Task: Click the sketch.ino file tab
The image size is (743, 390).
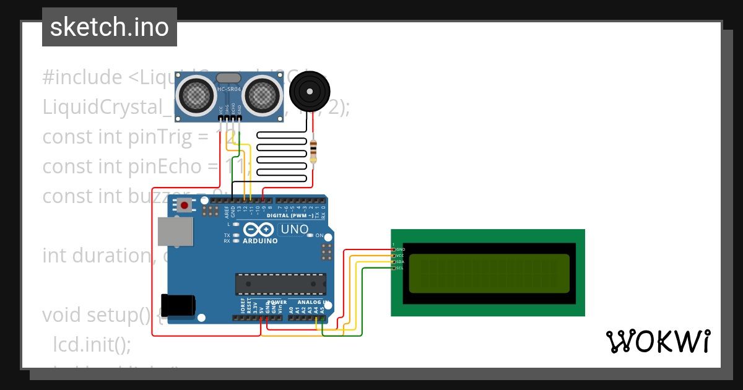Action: tap(110, 27)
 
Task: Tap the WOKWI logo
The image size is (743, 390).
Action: tap(658, 341)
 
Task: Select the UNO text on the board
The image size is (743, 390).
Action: tap(295, 230)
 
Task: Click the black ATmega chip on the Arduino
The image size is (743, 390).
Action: tap(280, 284)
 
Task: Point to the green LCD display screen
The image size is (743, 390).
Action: tap(489, 273)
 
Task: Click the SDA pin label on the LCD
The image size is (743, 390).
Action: tap(400, 262)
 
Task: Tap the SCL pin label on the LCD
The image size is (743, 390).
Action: tap(400, 268)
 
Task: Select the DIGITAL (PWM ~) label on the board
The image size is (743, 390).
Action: tap(293, 215)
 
